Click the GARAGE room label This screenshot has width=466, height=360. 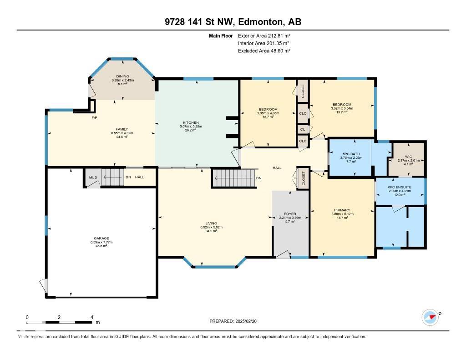(101, 238)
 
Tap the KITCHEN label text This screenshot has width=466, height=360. (191, 122)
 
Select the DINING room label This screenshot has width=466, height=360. (122, 76)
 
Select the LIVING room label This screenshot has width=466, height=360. (211, 223)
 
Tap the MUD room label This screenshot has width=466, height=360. (93, 177)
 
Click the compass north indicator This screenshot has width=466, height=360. (430, 316)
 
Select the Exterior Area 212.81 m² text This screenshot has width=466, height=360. (264, 35)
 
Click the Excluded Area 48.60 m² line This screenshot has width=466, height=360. (264, 51)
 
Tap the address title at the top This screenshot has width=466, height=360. (233, 22)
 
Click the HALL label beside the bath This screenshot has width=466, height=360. (277, 168)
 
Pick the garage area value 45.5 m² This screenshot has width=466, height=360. (101, 246)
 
